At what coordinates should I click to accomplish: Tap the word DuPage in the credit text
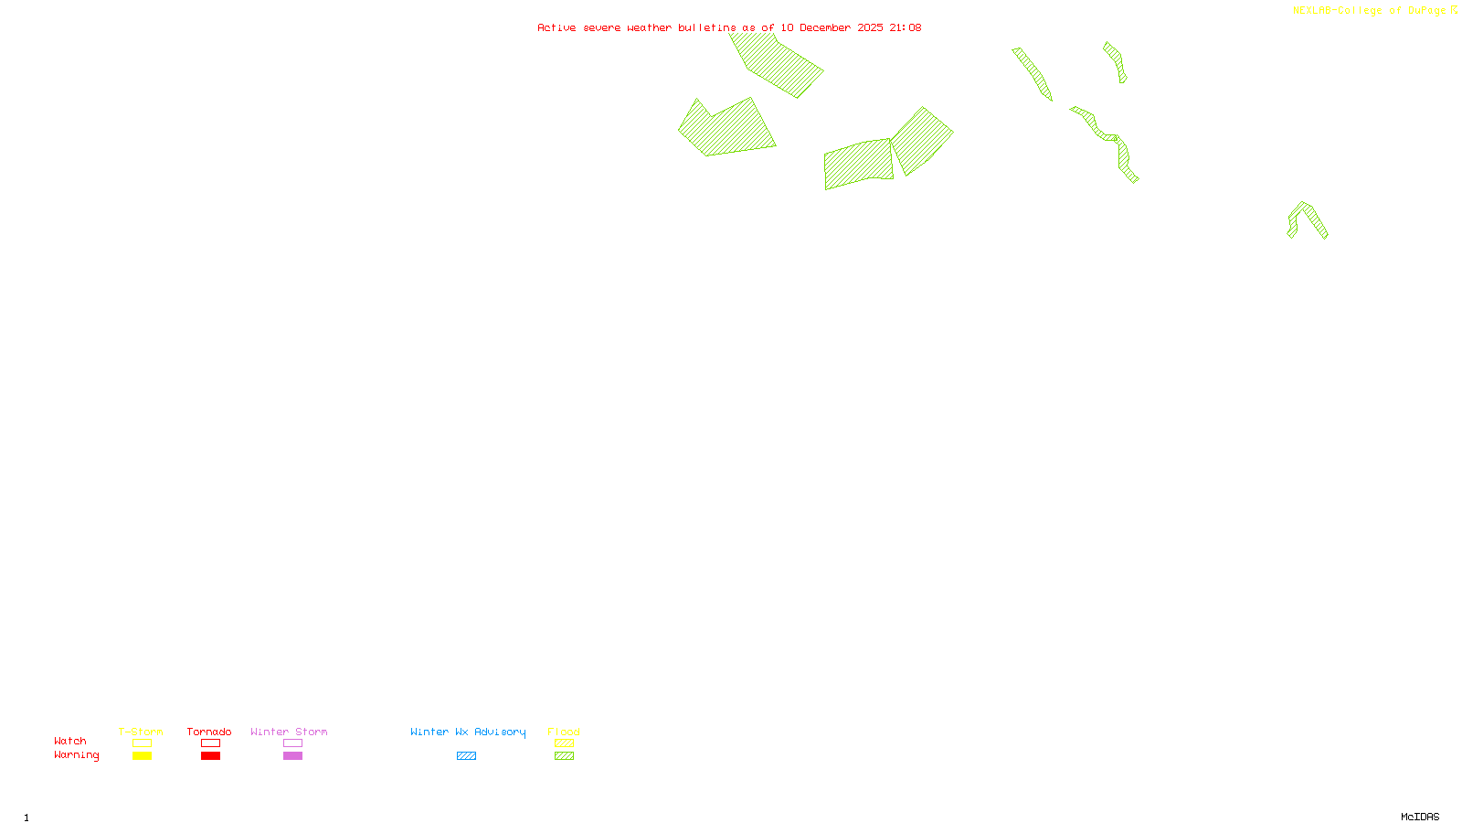(1426, 11)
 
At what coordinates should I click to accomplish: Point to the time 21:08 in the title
(905, 27)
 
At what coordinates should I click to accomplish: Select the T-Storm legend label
(141, 732)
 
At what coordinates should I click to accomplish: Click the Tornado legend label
(209, 732)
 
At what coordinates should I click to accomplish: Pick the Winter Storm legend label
(289, 732)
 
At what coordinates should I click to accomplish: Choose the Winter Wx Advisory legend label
(468, 732)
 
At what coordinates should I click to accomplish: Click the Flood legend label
(564, 732)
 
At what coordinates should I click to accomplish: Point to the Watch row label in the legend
(70, 741)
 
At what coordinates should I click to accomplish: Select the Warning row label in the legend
(77, 755)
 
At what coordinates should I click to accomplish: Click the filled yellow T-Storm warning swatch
(142, 756)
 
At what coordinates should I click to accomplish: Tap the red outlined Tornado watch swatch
(210, 743)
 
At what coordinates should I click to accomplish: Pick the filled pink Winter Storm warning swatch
(292, 756)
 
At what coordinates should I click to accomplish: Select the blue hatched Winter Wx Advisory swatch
(466, 756)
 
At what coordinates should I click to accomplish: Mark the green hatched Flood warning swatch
(564, 756)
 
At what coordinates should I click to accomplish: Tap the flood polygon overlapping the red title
(777, 64)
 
